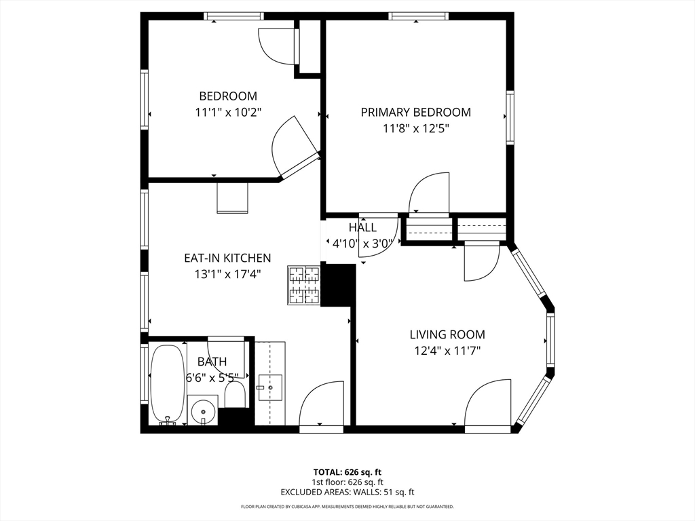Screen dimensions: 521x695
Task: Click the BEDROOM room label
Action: [227, 96]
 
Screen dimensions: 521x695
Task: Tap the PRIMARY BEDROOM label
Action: [415, 112]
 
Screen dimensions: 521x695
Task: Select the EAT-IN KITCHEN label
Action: [227, 258]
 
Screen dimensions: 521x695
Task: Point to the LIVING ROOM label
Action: [447, 334]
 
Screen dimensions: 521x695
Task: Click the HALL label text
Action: [362, 227]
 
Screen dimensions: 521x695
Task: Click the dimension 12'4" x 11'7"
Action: [447, 350]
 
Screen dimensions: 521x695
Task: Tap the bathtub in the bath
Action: [166, 383]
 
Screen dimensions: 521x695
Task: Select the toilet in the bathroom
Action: [235, 393]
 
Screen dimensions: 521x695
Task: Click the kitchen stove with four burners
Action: [303, 285]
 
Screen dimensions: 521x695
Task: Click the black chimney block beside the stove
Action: [338, 285]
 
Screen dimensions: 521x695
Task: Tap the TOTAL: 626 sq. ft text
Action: [347, 471]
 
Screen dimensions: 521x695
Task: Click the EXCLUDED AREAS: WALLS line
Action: [347, 493]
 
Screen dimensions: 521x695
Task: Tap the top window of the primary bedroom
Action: [419, 16]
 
